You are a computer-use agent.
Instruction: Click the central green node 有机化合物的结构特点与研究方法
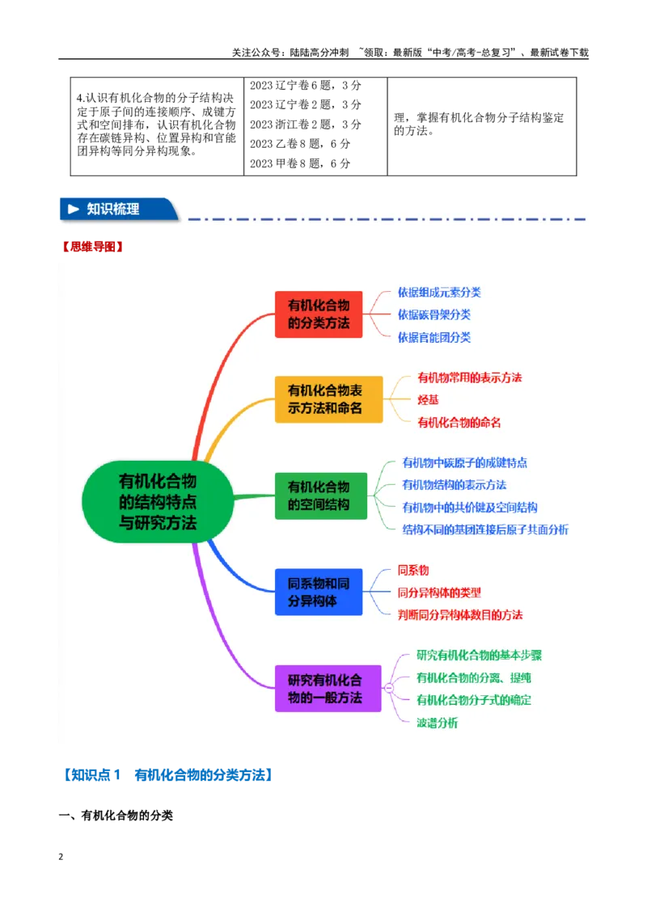point(158,502)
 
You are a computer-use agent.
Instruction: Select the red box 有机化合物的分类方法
point(319,314)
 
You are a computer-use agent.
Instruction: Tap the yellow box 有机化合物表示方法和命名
point(328,399)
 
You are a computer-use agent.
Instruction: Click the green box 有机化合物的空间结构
point(321,495)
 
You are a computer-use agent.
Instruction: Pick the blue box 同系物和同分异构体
point(319,592)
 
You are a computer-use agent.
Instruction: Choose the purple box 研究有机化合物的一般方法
point(328,689)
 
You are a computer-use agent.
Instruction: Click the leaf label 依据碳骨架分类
point(433,314)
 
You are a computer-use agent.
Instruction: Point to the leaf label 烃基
point(428,400)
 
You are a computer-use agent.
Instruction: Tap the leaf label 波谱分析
point(437,723)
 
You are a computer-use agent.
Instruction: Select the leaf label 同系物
point(412,570)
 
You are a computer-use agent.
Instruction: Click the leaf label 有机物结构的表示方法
point(455,485)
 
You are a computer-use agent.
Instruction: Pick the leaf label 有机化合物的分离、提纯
point(474,677)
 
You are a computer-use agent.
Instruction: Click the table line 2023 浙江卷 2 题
point(306,124)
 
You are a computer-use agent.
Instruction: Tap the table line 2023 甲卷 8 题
point(300,163)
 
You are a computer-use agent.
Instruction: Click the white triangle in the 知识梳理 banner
point(74,209)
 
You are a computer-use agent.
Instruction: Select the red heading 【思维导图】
point(93,247)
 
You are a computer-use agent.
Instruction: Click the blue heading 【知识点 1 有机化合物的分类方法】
point(167,775)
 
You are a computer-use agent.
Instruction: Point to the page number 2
point(61,857)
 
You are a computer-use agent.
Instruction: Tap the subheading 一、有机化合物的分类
point(116,816)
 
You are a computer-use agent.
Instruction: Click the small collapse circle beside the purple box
point(389,689)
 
